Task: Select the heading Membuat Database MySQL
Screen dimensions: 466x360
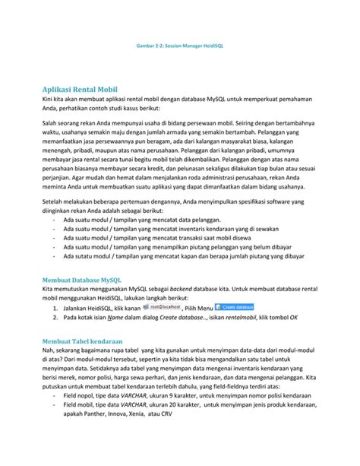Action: pyautogui.click(x=86, y=279)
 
